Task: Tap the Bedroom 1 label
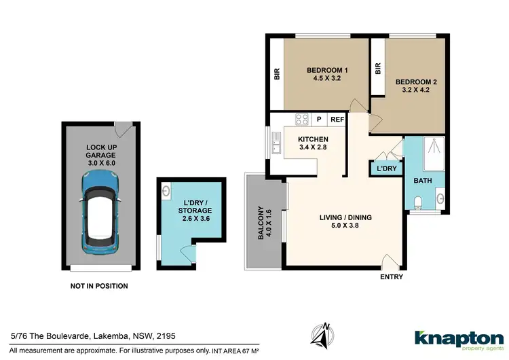[327, 74]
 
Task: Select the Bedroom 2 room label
[419, 86]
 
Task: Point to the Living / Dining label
[345, 222]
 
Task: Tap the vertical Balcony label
[261, 222]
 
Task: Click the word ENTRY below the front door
[392, 276]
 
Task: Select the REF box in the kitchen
[337, 120]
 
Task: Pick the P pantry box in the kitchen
[319, 120]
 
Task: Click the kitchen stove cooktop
[301, 120]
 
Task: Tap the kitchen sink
[276, 143]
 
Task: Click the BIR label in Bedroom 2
[378, 69]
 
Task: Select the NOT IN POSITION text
[99, 286]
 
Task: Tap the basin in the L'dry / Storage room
[167, 192]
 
